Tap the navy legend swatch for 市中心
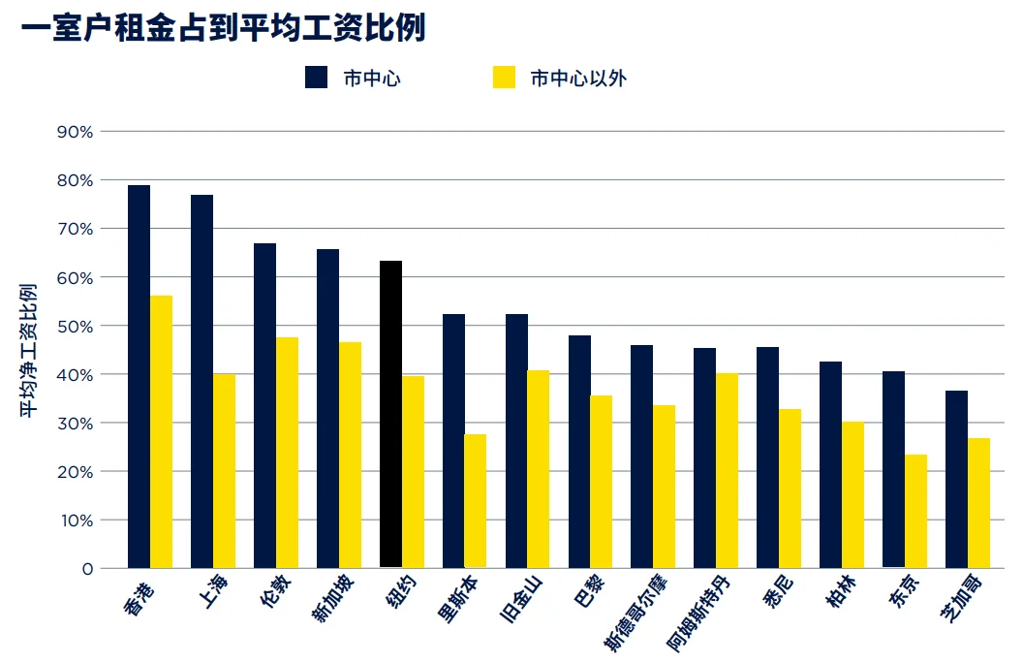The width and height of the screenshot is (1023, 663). [316, 78]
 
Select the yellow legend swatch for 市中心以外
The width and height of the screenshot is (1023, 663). [504, 78]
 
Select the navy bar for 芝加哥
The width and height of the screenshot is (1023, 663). [956, 479]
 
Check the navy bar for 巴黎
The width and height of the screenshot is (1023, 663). [579, 452]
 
